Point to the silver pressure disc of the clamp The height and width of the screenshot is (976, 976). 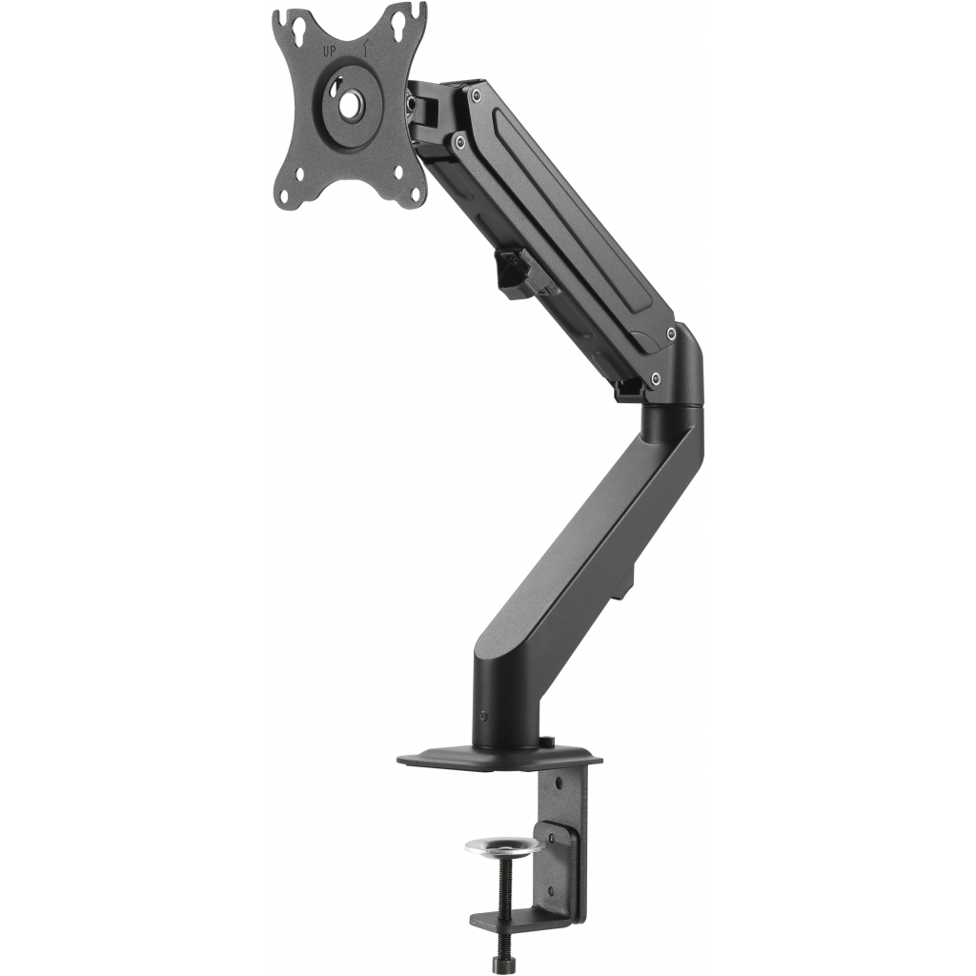point(503,844)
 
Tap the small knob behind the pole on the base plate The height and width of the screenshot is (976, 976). point(546,742)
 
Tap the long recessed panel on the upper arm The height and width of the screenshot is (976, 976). point(562,214)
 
